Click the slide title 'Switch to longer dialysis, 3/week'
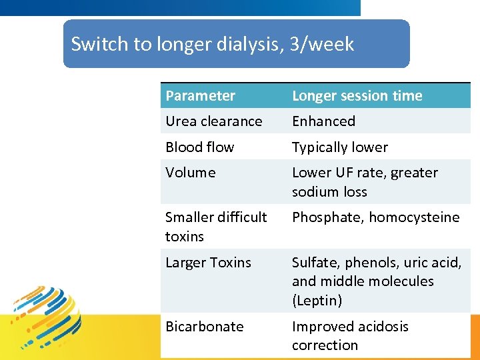212,44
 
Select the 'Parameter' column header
200,96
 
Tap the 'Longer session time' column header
357,96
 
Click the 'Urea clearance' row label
213,121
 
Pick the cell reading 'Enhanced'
323,121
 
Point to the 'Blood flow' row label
199,147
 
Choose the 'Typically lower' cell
339,147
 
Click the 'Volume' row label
190,173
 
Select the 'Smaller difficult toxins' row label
215,227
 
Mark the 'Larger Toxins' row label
208,263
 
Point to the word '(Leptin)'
317,301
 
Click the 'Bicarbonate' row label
204,327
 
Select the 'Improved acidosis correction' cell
350,336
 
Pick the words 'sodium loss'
329,192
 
